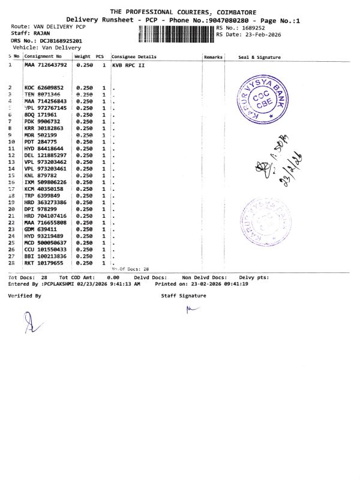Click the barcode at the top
pyautogui.click(x=176, y=34)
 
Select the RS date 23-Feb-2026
pyautogui.click(x=256, y=34)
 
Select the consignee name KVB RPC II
pyautogui.click(x=128, y=64)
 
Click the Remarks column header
pyautogui.click(x=213, y=57)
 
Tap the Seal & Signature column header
pyautogui.click(x=259, y=57)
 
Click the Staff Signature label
pyautogui.click(x=183, y=296)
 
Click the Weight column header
pyautogui.click(x=82, y=57)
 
